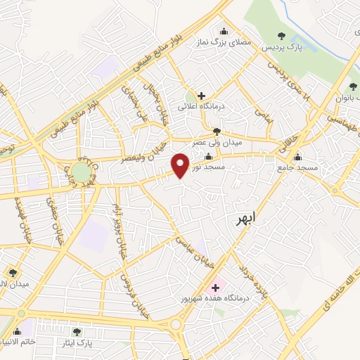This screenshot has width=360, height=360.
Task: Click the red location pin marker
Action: [x=181, y=165]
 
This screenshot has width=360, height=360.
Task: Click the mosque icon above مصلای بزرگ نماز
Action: [x=224, y=30]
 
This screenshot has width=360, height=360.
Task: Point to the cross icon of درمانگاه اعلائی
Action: [x=201, y=95]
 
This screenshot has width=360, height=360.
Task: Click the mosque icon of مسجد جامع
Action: [x=297, y=157]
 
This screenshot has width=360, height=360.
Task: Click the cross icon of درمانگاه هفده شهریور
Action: [x=214, y=287]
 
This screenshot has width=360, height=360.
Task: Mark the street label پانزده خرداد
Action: [x=252, y=279]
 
